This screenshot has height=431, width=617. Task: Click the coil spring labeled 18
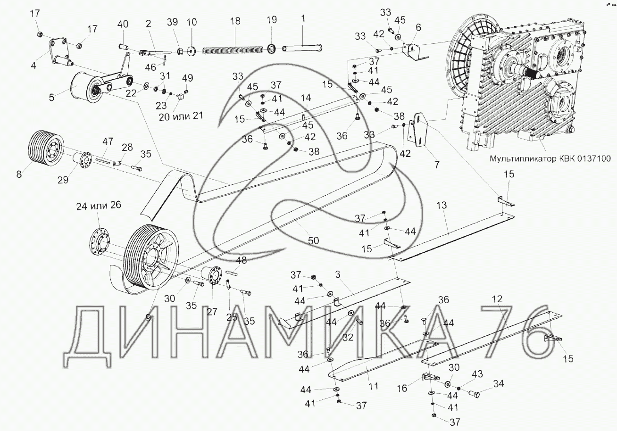(x=233, y=50)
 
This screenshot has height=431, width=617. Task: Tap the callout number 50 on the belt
(x=313, y=240)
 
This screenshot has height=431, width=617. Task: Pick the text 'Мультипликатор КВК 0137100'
(x=550, y=158)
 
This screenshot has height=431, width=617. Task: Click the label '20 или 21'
(x=181, y=116)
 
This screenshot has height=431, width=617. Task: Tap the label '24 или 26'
(x=99, y=206)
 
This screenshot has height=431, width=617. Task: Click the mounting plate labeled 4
(x=58, y=49)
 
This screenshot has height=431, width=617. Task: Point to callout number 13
(x=442, y=205)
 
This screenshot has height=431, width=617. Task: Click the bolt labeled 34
(x=474, y=394)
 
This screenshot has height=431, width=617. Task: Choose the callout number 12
(x=497, y=299)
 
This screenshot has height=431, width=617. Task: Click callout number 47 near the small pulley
(x=108, y=141)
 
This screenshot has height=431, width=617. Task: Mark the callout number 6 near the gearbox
(x=418, y=27)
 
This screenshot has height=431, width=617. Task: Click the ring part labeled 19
(x=272, y=49)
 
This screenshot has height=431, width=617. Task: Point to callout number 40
(x=123, y=24)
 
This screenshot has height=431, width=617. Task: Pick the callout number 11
(x=373, y=386)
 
